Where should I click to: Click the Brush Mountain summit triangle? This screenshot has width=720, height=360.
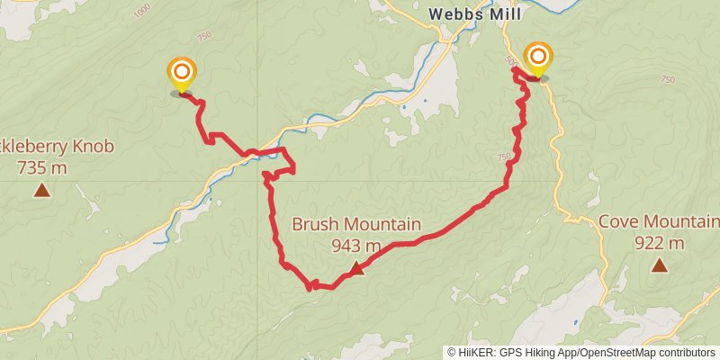tap(356, 267)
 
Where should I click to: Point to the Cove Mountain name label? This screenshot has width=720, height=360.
tap(660, 222)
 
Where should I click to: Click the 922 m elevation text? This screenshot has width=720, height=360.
tap(660, 243)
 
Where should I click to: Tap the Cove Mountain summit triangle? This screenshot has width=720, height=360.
tap(660, 265)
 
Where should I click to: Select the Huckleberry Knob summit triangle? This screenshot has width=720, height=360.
tap(41, 189)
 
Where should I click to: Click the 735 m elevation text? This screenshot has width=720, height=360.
tap(41, 167)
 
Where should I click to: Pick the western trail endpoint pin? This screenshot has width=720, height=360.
tap(182, 72)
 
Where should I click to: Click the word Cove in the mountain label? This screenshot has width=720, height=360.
tap(618, 222)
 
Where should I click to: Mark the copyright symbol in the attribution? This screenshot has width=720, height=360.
tap(452, 353)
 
